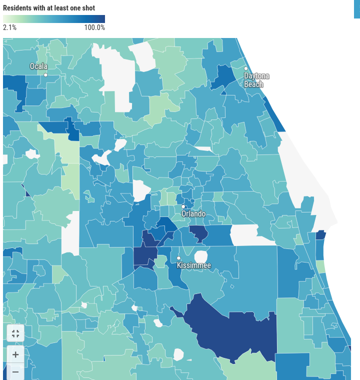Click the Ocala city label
coord(38,66)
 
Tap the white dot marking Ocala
coord(45,75)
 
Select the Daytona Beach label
coord(256,80)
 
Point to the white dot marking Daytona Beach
coord(246,68)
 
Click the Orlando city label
coord(193,213)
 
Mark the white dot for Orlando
coord(183,206)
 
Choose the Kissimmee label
coord(194,265)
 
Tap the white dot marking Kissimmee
coord(178,258)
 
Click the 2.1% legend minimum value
coord(10,27)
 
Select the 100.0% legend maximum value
coord(94,27)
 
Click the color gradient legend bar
coord(54,19)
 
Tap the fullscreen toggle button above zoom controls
coord(15,333)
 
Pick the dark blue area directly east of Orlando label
coord(198,233)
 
